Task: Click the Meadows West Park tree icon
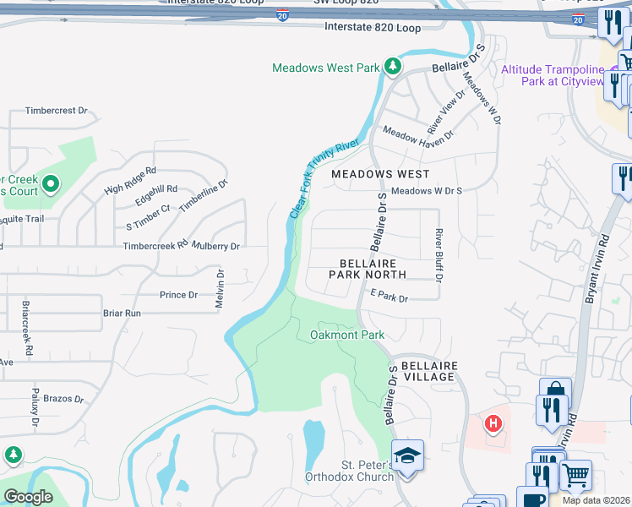(392, 67)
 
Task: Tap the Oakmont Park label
(346, 335)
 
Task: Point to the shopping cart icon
(576, 474)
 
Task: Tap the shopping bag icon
(555, 392)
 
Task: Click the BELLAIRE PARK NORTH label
(368, 270)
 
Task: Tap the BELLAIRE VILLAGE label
(429, 372)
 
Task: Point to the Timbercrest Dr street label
(57, 111)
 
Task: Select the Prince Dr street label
(178, 295)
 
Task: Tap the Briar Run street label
(122, 313)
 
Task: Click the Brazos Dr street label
(63, 398)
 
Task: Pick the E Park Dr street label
(389, 298)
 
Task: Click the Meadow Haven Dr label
(419, 132)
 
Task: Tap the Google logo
(29, 497)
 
